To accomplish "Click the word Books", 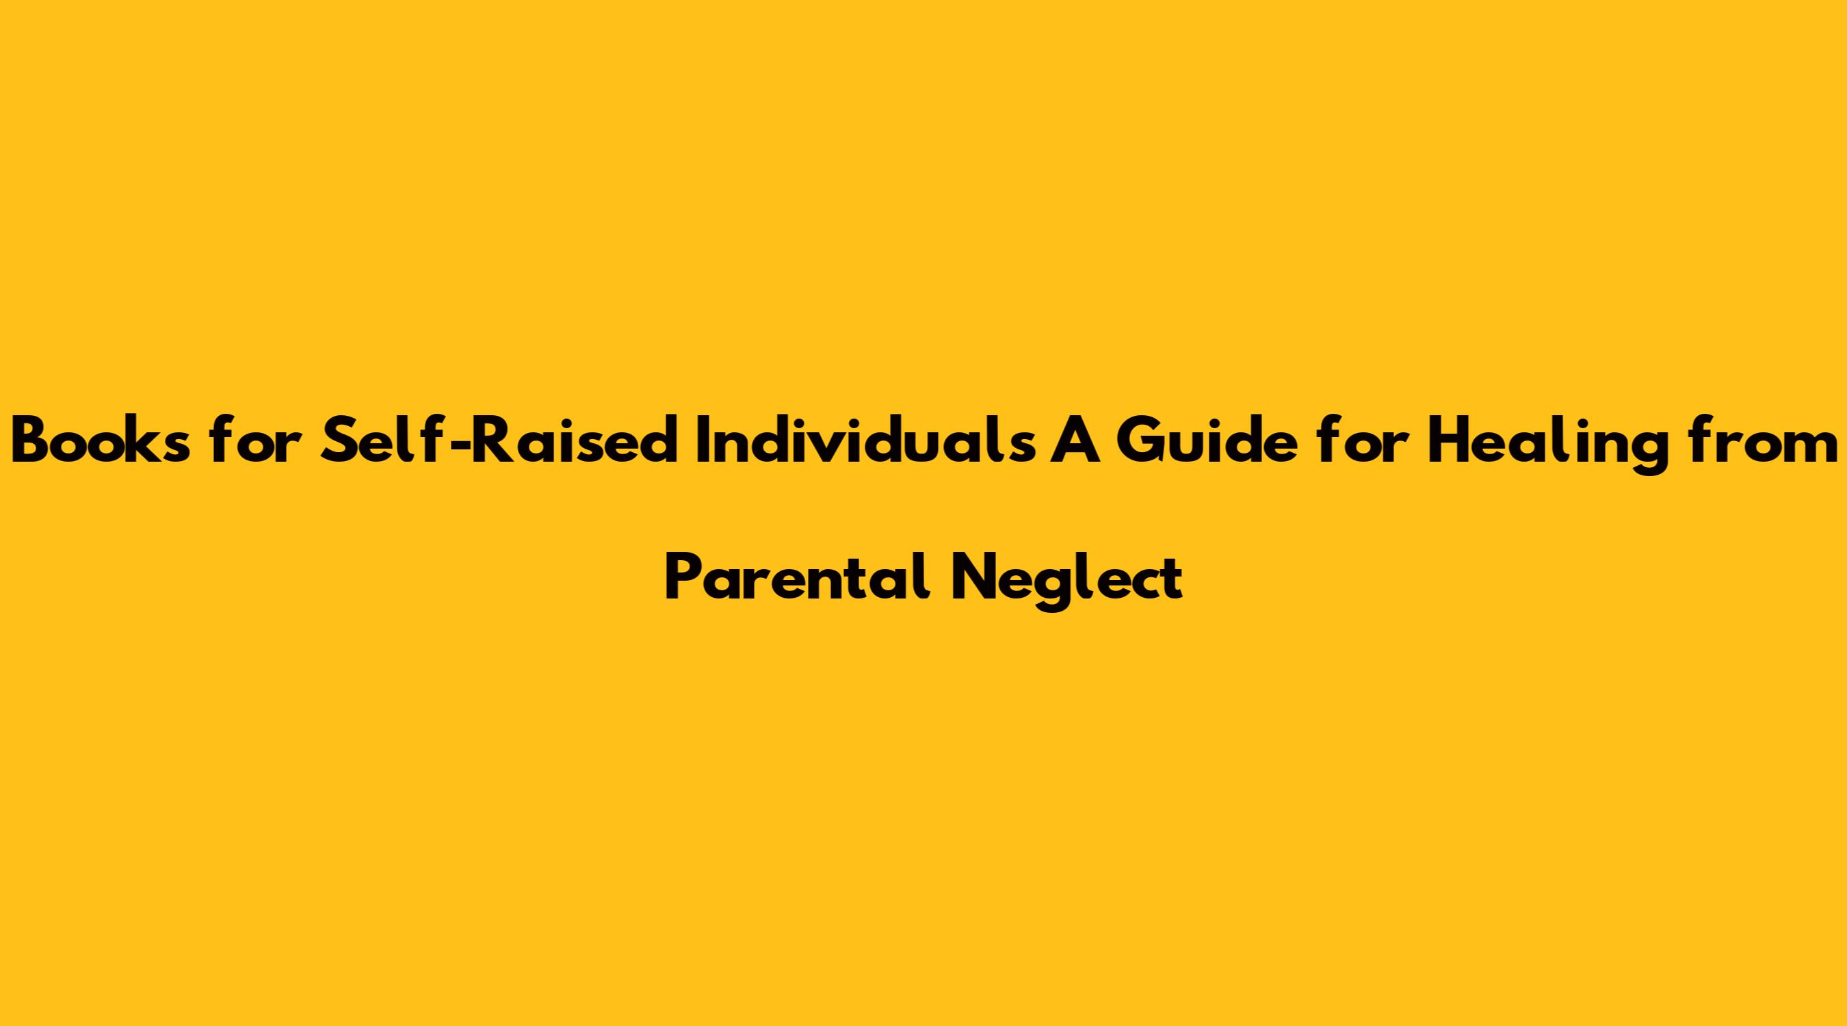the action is coord(102,444).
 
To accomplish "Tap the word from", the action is coord(1764,444).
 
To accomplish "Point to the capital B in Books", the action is coord(32,445).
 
